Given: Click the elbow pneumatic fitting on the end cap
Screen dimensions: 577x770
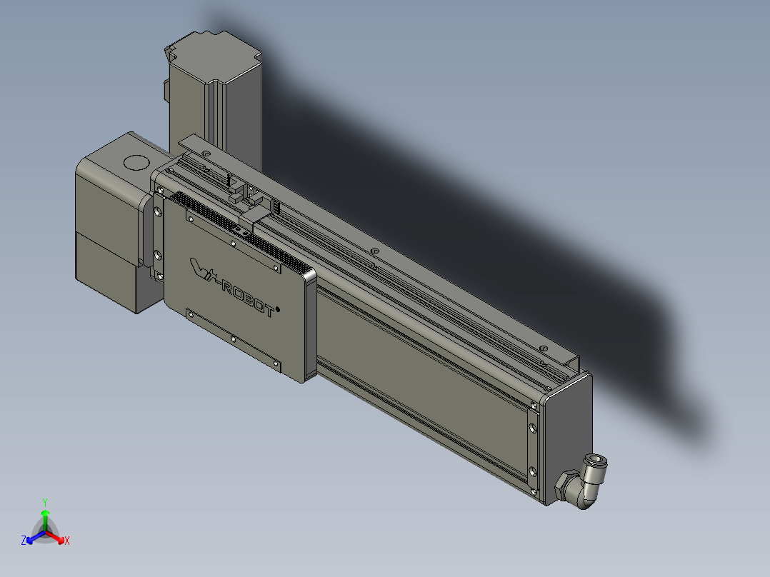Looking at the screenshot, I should point(586,486).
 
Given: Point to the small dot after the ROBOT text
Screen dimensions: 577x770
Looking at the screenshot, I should point(278,309).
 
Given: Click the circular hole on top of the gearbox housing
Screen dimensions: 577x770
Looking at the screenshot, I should point(134,162).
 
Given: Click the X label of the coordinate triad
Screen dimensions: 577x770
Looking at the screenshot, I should point(67,541).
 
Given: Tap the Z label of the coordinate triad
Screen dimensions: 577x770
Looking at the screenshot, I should point(24,541).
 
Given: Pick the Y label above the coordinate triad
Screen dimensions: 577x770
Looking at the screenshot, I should point(45,501).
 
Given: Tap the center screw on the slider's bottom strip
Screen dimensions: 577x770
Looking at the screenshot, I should point(234,338).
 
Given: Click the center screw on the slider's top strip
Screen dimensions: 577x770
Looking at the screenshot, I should point(234,241).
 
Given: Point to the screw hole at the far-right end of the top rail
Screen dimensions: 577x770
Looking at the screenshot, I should point(546,348).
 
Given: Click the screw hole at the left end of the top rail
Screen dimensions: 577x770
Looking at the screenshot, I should point(206,154).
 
